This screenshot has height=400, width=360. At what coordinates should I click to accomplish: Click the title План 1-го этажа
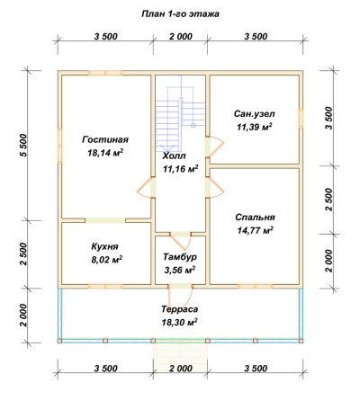[x=180, y=13]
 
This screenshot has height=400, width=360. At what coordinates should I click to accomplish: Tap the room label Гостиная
[x=105, y=139]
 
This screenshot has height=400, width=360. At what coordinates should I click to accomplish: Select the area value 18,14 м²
[x=105, y=153]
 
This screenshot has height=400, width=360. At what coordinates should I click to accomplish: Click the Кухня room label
[x=104, y=246]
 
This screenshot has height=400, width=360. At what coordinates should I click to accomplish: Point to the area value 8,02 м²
[x=106, y=260]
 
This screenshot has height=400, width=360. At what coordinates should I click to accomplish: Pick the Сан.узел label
[x=255, y=114]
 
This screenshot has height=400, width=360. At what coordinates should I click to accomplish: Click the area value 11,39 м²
[x=255, y=127]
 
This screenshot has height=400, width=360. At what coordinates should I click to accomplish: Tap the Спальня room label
[x=255, y=218]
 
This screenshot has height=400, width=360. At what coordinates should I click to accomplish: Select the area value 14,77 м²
[x=255, y=230]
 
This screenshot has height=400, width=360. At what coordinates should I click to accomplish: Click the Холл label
[x=174, y=156]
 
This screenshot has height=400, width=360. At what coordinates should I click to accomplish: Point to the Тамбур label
[x=180, y=257]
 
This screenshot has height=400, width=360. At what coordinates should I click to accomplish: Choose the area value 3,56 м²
[x=180, y=271]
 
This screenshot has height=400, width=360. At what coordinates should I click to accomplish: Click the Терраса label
[x=180, y=309]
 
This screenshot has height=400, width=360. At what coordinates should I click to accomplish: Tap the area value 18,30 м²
[x=180, y=323]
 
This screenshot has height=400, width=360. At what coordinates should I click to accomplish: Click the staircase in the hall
[x=180, y=115]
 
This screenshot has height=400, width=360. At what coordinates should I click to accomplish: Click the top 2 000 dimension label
[x=181, y=37]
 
